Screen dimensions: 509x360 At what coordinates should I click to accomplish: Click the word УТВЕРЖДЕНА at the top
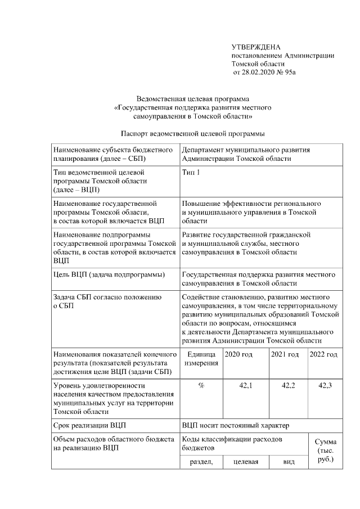pos(256,47)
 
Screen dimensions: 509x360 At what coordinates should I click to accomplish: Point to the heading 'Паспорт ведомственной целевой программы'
pos(193,134)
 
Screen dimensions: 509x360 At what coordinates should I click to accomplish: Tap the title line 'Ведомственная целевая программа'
pos(193,99)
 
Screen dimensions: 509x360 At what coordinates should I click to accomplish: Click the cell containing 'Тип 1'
pos(191,173)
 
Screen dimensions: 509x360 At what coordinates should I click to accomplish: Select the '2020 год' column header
pos(238,354)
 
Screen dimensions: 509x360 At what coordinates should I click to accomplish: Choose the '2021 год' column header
pos(285,354)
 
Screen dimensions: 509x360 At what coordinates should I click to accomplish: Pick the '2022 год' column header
pos(324,354)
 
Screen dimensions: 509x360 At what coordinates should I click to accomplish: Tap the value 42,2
pos(289,385)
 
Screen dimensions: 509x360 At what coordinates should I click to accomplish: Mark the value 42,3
pos(325,385)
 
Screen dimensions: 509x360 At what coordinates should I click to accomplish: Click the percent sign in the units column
pos(201,385)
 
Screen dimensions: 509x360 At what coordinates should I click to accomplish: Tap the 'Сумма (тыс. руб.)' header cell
pos(325,451)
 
